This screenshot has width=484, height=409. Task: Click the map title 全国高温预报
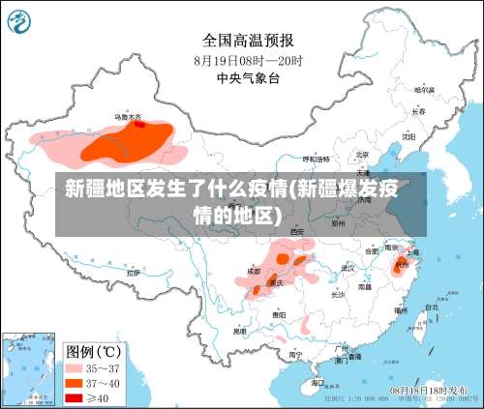click(x=248, y=41)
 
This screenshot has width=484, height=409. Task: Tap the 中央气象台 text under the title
click(x=248, y=77)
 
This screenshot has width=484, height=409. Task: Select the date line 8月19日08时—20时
click(x=248, y=60)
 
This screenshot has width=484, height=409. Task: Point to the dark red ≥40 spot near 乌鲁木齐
click(x=139, y=124)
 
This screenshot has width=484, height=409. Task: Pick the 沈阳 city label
click(x=408, y=136)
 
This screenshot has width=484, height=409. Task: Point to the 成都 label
click(x=253, y=272)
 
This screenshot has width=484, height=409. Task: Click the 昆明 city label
click(x=239, y=331)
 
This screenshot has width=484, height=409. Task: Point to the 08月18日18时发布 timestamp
click(x=426, y=388)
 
